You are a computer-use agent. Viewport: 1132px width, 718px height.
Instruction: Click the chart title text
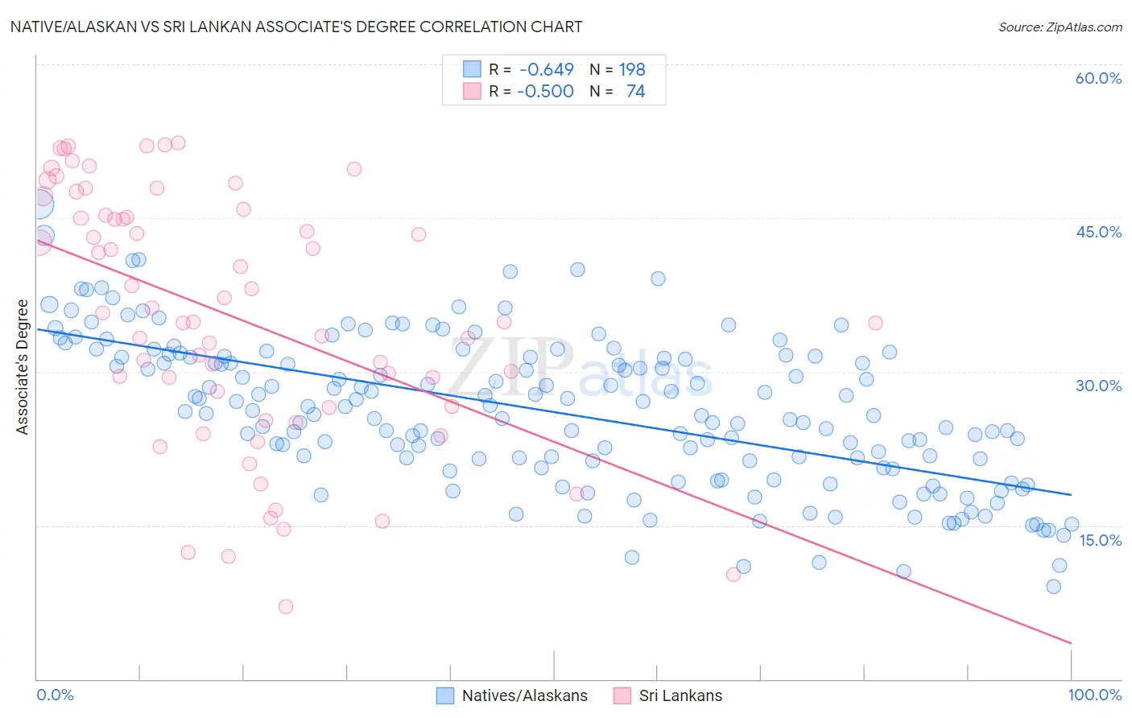click(295, 27)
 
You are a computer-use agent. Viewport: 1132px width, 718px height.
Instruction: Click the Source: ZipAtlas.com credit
click(1060, 27)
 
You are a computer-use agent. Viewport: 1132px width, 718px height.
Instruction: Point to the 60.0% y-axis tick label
click(1098, 78)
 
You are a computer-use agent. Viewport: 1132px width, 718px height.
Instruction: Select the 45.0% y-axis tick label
click(1098, 232)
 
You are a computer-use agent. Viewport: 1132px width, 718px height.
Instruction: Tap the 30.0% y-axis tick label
click(1098, 386)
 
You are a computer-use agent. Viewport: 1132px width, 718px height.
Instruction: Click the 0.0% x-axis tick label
click(56, 695)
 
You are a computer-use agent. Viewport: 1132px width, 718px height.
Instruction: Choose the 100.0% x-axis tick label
click(1095, 695)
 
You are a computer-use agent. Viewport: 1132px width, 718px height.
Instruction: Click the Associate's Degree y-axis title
click(23, 367)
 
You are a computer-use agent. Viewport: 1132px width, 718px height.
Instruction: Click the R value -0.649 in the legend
click(547, 70)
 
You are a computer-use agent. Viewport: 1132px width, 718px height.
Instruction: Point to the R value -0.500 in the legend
click(545, 92)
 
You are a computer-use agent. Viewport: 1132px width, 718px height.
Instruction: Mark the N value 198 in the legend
click(632, 70)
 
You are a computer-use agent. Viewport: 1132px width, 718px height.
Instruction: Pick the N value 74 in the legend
click(635, 92)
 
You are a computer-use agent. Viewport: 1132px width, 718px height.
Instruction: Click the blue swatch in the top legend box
click(472, 70)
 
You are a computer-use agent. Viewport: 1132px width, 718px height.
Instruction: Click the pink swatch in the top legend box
click(472, 92)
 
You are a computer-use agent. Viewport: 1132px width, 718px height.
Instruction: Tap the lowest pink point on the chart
click(286, 607)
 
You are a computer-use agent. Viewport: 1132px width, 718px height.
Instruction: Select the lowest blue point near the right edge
click(1053, 586)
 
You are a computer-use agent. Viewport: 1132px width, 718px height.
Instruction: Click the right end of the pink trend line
click(1071, 642)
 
